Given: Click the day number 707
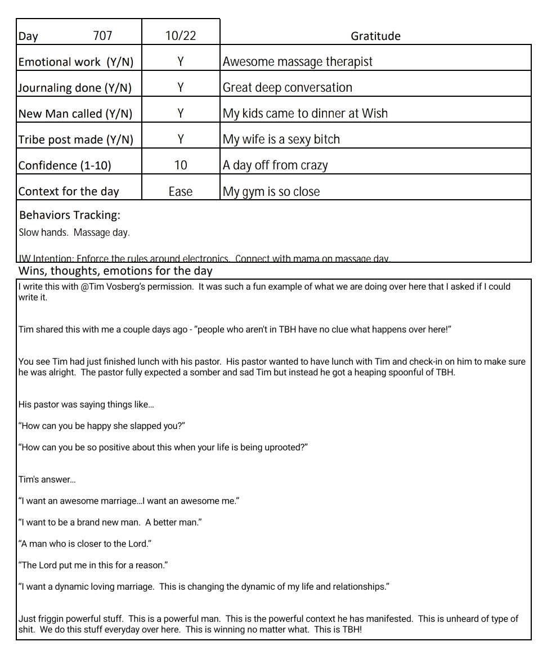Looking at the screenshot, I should (102, 36).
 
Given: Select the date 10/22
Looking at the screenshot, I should (181, 36).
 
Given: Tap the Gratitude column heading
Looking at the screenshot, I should (375, 36).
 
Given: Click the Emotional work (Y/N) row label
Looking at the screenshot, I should (76, 62).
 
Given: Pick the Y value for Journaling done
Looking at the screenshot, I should (181, 88).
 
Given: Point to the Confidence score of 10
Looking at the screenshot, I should (181, 165).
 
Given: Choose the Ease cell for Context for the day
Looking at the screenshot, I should (181, 191).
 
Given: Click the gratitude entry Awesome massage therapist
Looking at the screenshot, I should (298, 62).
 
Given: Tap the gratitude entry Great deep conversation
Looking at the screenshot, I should (288, 88).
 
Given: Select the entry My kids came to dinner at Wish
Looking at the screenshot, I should (305, 114).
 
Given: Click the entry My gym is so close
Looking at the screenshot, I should (271, 191).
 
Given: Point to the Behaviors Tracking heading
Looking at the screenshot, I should (70, 215).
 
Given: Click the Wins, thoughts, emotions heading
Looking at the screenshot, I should (115, 271).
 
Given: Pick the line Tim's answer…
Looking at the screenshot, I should (47, 479).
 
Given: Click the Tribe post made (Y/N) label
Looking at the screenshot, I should (76, 140).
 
